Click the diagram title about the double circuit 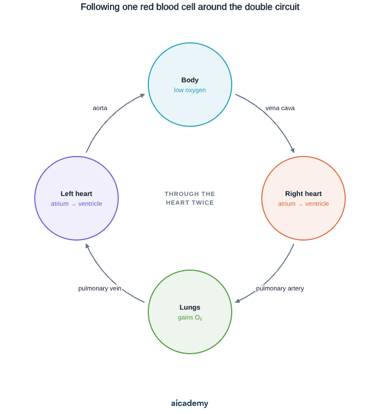coord(190,7)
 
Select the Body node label coord(190,80)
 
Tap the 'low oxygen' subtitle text coord(190,90)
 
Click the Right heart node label coord(304,194)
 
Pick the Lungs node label coord(190,307)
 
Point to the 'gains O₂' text coord(190,317)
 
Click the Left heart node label coord(76,194)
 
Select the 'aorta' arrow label coord(100,108)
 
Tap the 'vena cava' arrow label coord(280,108)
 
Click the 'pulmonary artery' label coord(280,288)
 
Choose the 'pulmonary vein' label coord(100,288)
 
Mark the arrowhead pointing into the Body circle coord(142,95)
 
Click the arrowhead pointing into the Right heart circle coord(293,150)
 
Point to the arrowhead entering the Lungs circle coord(237,301)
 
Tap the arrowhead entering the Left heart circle coord(87,246)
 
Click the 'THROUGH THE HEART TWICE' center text coord(190,198)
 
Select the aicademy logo coord(190,403)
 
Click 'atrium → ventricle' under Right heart coord(304,204)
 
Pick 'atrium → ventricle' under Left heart coord(76,204)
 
